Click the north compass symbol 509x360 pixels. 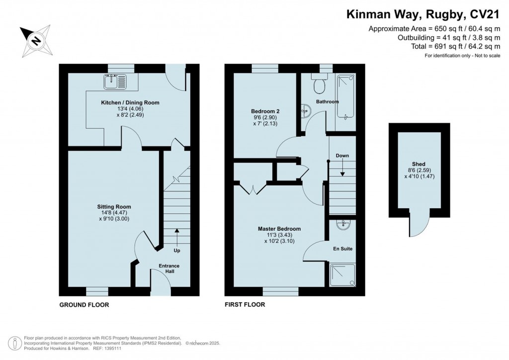click(35, 40)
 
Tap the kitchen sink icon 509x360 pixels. click(115, 81)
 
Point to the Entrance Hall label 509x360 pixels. click(169, 269)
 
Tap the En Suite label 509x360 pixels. click(342, 248)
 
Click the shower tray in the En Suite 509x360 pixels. click(342, 275)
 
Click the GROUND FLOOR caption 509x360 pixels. click(84, 305)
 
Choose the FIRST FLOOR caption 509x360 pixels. click(245, 305)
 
